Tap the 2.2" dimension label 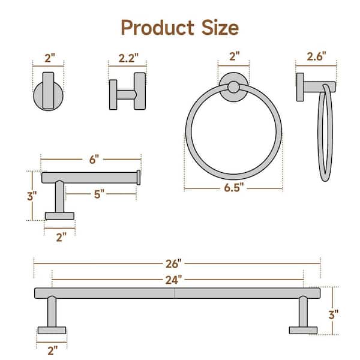point(127,58)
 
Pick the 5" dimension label point(100,193)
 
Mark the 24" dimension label point(174,280)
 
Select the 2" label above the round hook point(50,58)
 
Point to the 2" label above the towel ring point(234,58)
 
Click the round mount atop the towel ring point(233,86)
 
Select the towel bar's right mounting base point(303,329)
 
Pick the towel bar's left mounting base point(52,329)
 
